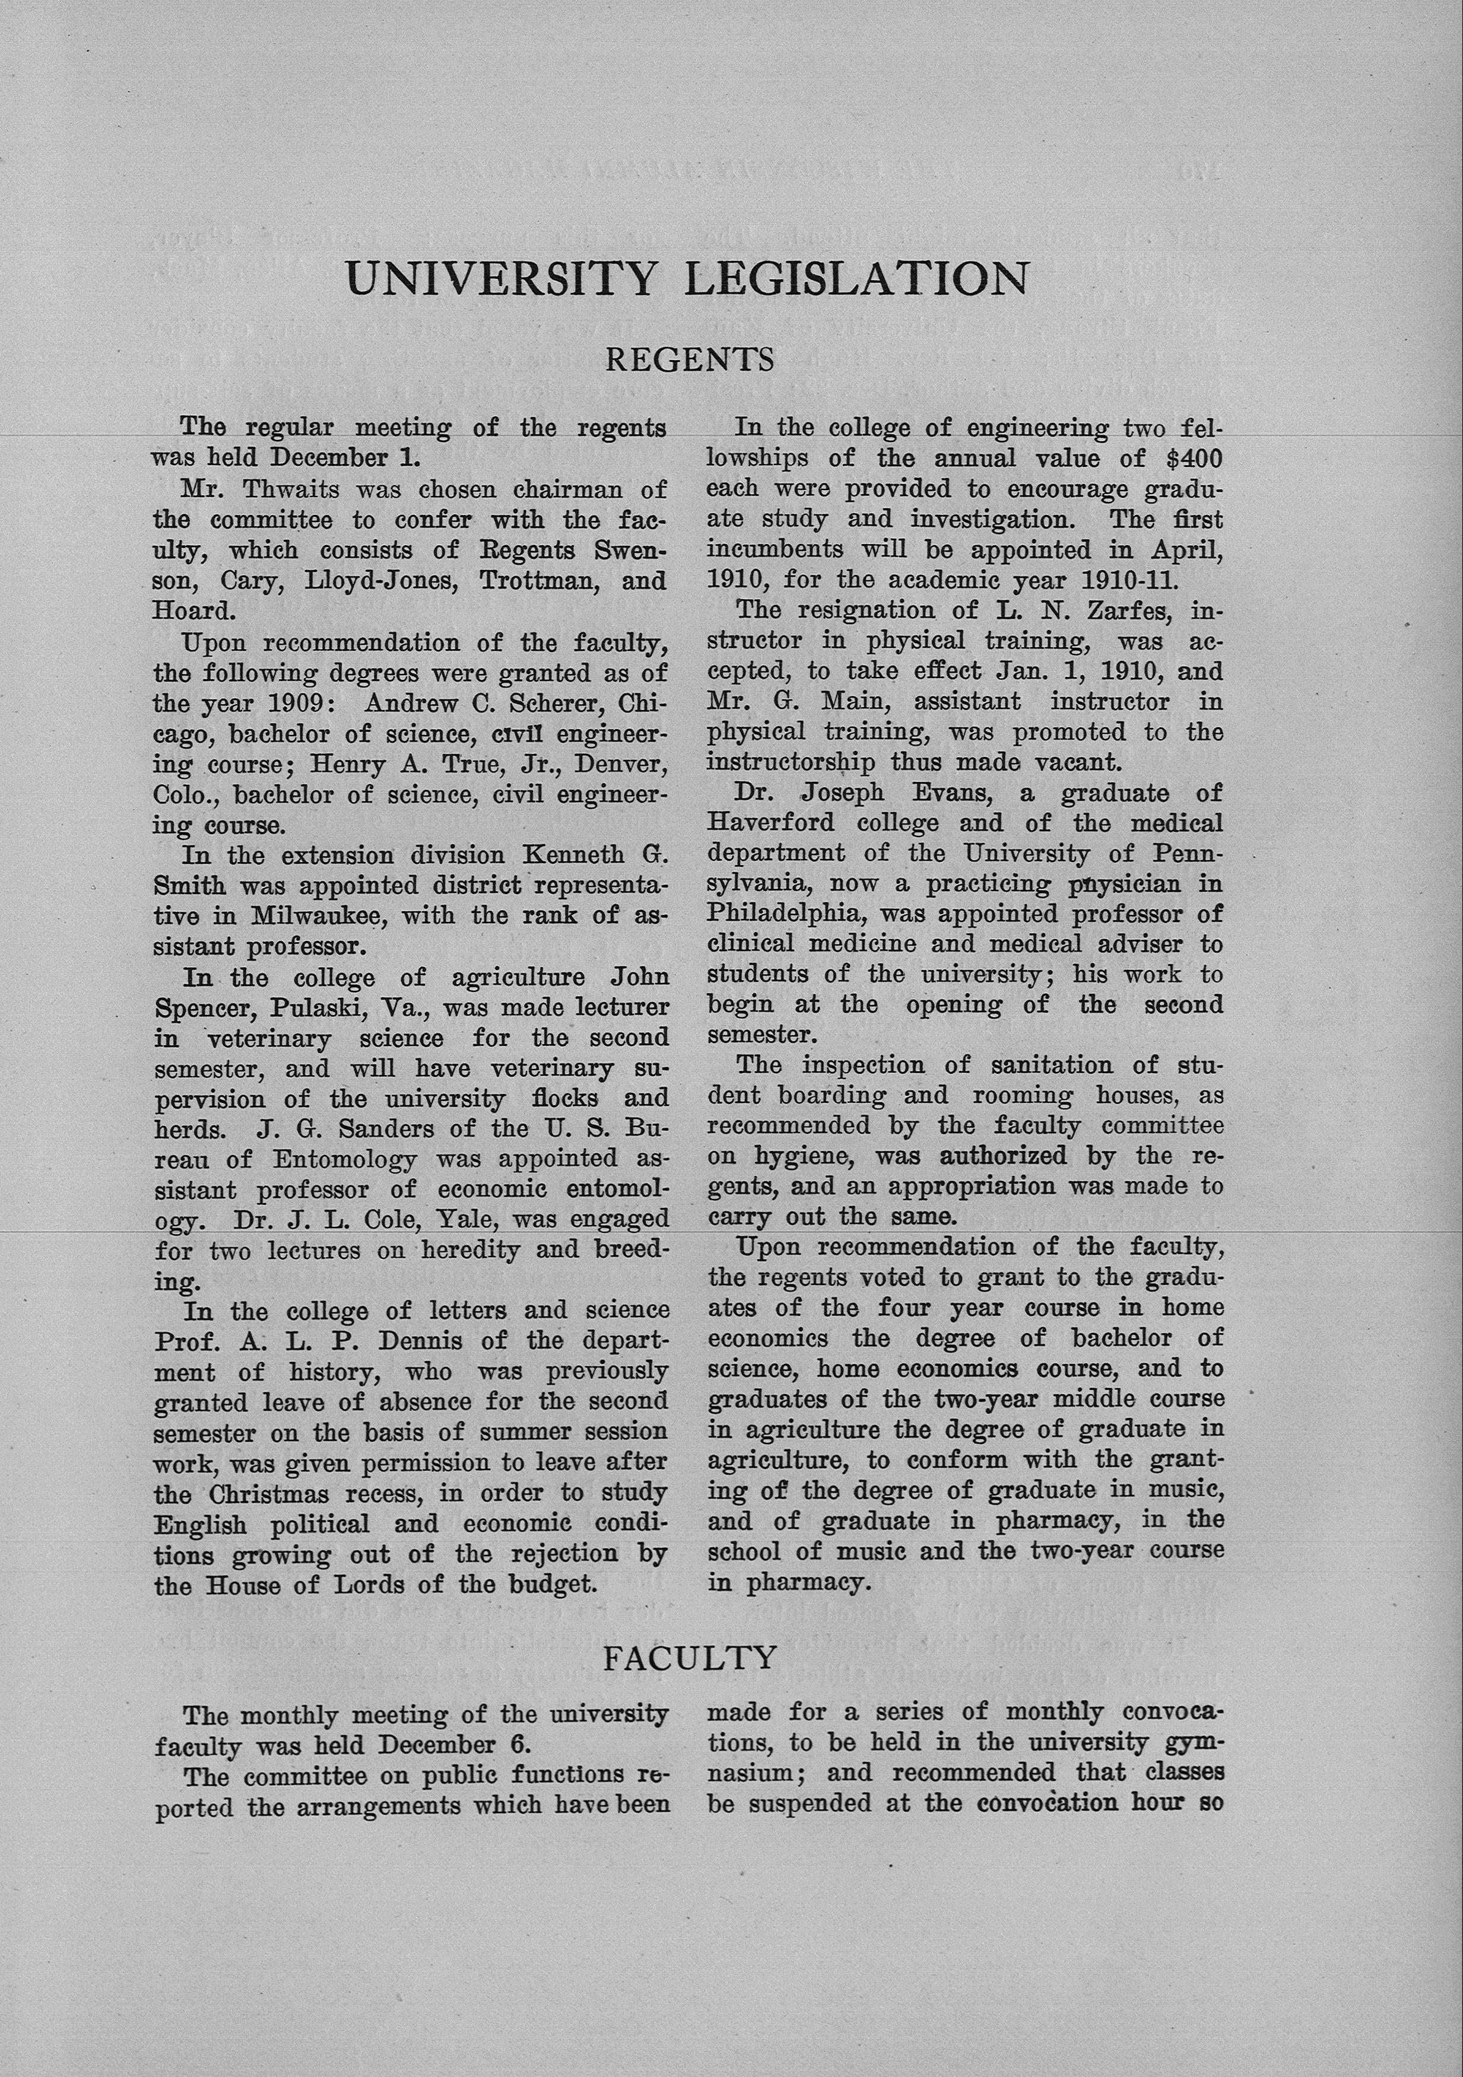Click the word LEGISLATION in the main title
856,279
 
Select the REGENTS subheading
690,360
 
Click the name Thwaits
281,489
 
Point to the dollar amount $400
1194,459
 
